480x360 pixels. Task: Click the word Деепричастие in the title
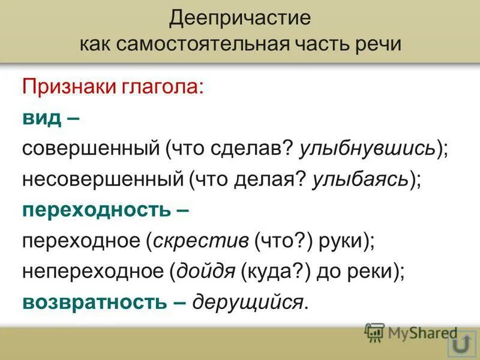point(239,17)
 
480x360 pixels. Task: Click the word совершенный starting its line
point(90,148)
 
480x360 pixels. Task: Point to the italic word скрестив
point(201,241)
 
